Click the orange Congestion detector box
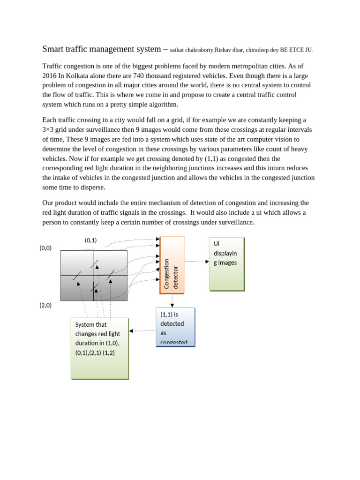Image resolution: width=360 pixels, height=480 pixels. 172,265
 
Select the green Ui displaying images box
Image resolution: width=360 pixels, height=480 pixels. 226,264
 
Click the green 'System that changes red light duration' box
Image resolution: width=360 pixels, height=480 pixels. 99,348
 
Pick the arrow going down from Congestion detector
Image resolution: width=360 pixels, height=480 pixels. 172,300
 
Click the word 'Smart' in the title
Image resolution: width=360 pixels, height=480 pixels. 52,49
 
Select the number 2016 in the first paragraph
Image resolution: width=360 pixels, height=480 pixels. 50,76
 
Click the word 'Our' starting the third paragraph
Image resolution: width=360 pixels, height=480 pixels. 48,203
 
